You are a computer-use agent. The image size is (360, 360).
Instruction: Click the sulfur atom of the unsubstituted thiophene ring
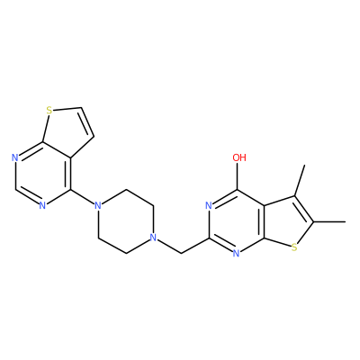[49, 111]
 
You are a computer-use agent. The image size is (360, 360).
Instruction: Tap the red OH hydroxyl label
[239, 157]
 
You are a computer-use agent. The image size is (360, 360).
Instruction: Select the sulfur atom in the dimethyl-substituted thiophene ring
[294, 247]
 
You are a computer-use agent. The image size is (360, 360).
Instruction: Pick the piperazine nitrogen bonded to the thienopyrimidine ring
[97, 206]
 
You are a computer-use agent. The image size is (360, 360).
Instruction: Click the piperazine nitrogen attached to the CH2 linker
[153, 238]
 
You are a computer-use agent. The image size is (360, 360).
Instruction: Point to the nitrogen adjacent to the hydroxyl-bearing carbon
[209, 206]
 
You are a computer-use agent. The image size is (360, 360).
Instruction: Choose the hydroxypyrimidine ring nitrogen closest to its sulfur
[237, 254]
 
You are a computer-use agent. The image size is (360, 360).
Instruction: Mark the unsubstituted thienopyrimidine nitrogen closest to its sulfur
[15, 157]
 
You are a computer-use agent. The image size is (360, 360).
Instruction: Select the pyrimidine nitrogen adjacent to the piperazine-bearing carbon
[42, 206]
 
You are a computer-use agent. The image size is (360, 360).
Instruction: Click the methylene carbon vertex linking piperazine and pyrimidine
[182, 254]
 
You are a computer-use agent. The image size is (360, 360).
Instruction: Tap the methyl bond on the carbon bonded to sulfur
[329, 222]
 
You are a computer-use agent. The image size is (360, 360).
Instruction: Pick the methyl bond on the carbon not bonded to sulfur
[300, 180]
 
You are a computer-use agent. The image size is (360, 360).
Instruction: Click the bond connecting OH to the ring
[238, 176]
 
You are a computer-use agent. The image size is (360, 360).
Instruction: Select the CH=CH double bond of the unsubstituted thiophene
[87, 121]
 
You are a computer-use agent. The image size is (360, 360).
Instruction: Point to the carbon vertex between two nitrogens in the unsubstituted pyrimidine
[15, 190]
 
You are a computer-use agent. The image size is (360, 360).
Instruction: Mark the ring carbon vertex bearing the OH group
[238, 190]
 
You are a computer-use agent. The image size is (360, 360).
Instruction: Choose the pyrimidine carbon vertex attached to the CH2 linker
[209, 238]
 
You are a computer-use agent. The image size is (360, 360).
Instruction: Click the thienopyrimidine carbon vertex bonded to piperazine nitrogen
[71, 190]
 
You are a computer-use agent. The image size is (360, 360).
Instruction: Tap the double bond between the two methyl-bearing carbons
[304, 209]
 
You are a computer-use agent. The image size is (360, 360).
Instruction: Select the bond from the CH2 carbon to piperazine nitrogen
[169, 247]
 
